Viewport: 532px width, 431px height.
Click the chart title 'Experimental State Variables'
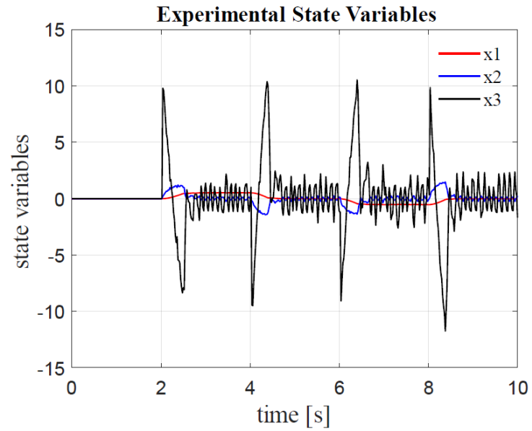pyautogui.click(x=297, y=14)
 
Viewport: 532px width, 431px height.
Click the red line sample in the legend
pyautogui.click(x=458, y=53)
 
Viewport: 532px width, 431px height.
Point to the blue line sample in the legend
pyautogui.click(x=458, y=77)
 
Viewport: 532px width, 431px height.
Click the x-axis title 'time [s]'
pyautogui.click(x=294, y=414)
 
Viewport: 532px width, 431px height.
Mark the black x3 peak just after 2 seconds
pyautogui.click(x=163, y=88)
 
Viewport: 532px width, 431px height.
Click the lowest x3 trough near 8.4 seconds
pyautogui.click(x=445, y=331)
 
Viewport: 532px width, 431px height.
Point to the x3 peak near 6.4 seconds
pyautogui.click(x=357, y=80)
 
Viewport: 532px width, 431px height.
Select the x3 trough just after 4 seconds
pyautogui.click(x=252, y=305)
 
